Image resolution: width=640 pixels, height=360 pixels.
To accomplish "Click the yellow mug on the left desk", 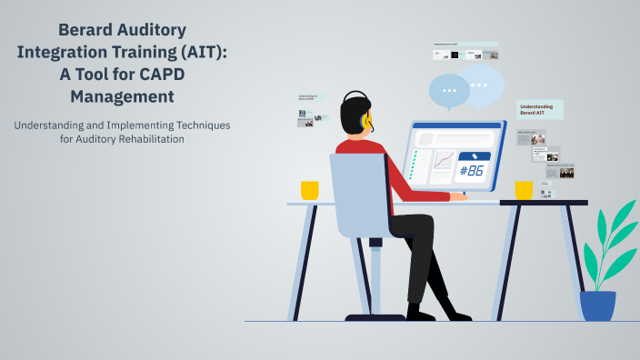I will tap(310, 190).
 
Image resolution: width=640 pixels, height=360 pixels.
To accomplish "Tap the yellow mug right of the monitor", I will tap(524, 190).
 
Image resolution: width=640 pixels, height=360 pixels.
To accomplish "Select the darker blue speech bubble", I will tap(448, 91).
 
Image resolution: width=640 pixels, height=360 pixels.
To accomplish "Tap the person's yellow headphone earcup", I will tap(366, 120).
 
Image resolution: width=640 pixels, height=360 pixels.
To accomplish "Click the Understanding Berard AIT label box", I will tap(540, 110).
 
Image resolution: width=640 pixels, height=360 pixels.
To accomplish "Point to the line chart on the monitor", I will tap(444, 162).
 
